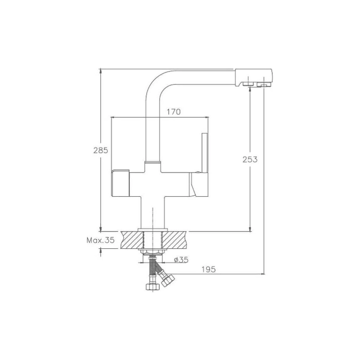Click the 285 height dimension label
(100, 150)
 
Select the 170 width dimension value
(174, 112)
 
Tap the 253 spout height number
(250, 159)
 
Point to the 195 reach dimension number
(209, 269)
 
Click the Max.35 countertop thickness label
(100, 240)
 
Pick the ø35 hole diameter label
(181, 260)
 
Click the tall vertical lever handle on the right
(205, 152)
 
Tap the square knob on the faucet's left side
(120, 183)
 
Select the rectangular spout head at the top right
(253, 77)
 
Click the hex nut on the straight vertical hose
(153, 287)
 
